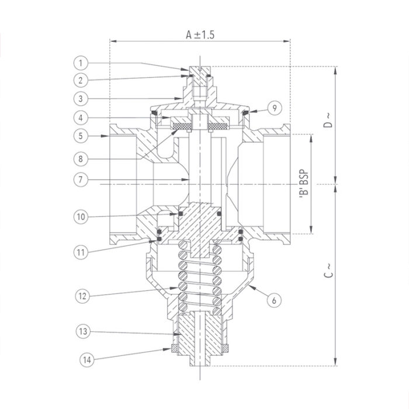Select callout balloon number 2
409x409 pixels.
coord(82,79)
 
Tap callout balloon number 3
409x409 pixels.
coord(82,98)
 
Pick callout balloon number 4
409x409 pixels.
coord(82,117)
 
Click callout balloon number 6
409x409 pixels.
coord(272,301)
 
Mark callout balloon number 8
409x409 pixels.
coord(82,158)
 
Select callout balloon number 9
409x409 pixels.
coord(275,108)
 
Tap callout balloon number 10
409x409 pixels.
coord(82,217)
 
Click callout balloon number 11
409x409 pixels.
coord(82,252)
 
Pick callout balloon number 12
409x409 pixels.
coord(82,296)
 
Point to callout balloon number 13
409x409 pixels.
coord(82,332)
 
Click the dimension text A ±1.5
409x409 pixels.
coord(200,34)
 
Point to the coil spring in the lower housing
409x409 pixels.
coord(200,275)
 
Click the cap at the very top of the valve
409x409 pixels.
coord(200,75)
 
